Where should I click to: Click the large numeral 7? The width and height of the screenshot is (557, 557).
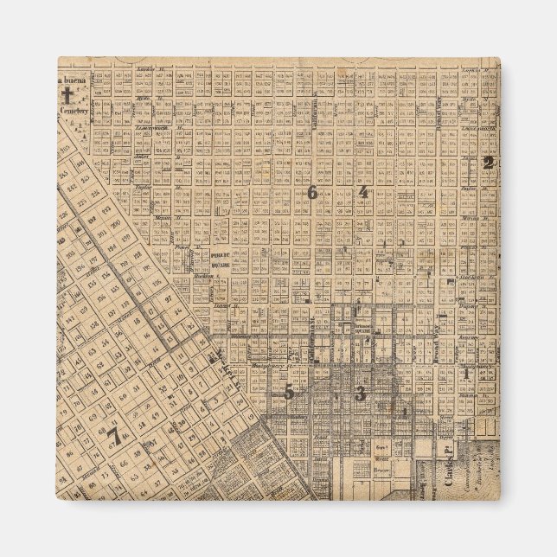coord(113,436)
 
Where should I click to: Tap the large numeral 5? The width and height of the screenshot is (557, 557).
coord(290,392)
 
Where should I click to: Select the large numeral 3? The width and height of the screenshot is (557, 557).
coord(360,394)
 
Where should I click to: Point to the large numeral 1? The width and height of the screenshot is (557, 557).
coord(466,375)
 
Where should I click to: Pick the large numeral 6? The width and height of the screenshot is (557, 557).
coord(311,193)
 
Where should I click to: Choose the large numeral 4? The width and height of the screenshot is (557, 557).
coord(363,192)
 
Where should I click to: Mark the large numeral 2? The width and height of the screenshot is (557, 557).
coord(489,162)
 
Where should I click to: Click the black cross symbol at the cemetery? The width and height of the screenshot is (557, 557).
coord(65,93)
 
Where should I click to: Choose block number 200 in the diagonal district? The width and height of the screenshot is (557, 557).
coord(115,223)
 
